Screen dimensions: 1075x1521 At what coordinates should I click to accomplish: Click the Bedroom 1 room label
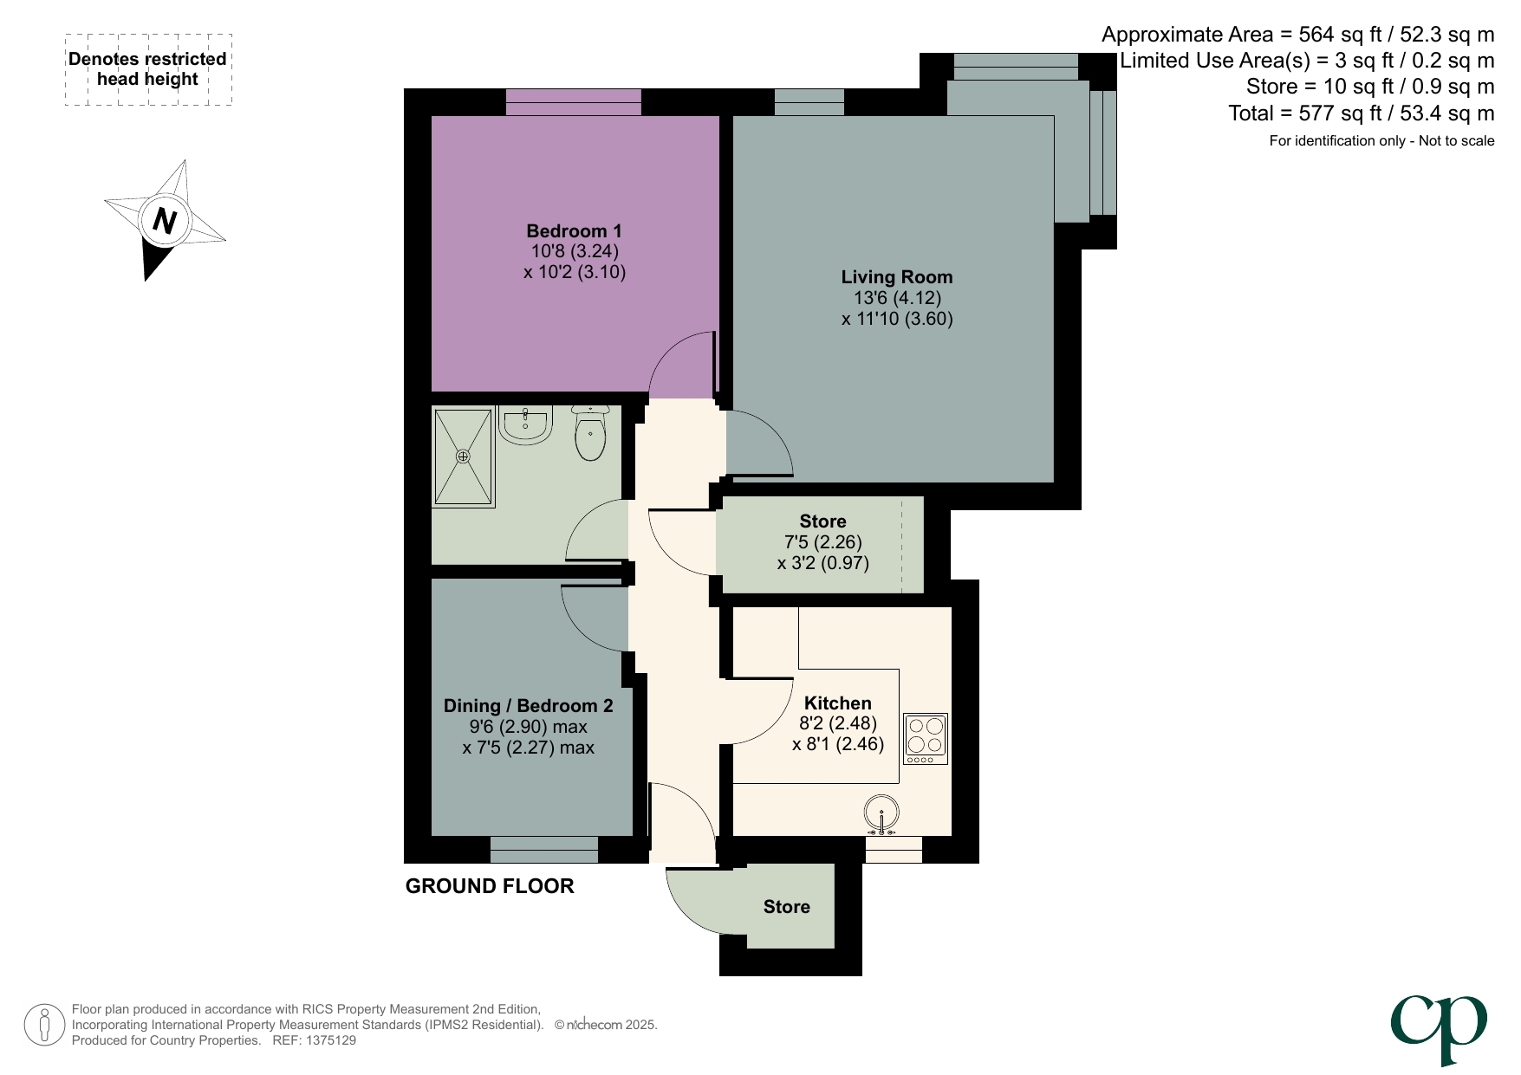(x=574, y=231)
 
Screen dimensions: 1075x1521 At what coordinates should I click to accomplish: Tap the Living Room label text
(x=896, y=277)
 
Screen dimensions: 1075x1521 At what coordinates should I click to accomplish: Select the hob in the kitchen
(x=925, y=738)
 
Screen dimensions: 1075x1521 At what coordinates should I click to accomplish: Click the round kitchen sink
(x=881, y=813)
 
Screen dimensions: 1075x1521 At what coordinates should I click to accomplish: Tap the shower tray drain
(x=463, y=456)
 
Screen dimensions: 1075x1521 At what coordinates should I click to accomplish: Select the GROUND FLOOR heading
(x=490, y=886)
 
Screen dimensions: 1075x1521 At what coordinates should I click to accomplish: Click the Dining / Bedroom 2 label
(x=528, y=706)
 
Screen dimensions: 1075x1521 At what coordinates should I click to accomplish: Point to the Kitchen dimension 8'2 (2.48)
(x=837, y=723)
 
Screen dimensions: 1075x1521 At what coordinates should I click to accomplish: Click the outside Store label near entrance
(x=786, y=907)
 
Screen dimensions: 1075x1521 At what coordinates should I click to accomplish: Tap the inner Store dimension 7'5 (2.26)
(x=822, y=542)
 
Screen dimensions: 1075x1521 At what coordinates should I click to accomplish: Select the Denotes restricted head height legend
(x=148, y=69)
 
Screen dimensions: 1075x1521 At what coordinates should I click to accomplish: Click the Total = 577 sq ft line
(x=1361, y=113)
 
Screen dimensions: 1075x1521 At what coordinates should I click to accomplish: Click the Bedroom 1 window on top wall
(x=573, y=101)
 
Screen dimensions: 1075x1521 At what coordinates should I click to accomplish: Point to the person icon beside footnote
(x=44, y=1025)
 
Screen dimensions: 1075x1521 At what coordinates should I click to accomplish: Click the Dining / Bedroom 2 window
(x=543, y=850)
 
